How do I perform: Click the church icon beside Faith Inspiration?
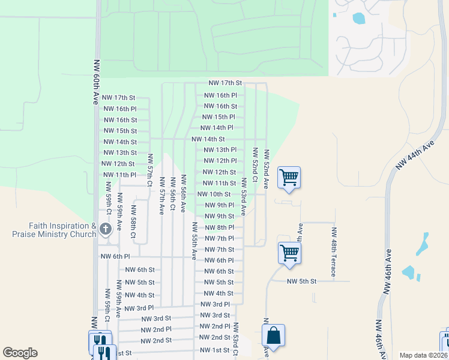point(106,229)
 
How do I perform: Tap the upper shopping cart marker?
point(289,177)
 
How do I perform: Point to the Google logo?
point(20,353)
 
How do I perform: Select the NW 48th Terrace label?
point(334,253)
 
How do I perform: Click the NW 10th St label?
point(214,194)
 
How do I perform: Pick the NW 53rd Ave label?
point(244,197)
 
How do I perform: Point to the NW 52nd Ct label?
point(255,168)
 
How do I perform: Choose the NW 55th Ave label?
point(194,240)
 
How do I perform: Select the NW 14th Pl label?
point(217,128)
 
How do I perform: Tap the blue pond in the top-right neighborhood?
point(359,18)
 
